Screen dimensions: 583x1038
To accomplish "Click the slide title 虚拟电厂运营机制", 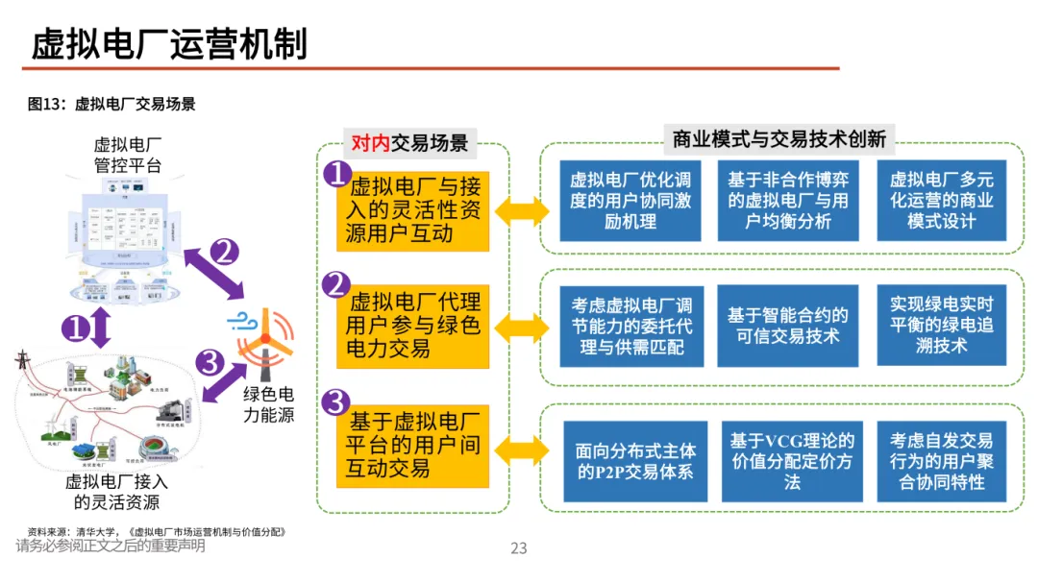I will [x=169, y=44].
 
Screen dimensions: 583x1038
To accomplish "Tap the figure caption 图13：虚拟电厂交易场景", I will [x=111, y=105].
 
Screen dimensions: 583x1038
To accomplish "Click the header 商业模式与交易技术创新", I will [x=778, y=138].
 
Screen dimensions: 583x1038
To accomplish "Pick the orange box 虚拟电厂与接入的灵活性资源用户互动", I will [x=414, y=210].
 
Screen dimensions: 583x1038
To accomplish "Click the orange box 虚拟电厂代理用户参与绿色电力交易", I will [x=414, y=326].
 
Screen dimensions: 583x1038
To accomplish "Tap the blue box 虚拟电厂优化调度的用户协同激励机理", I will [x=630, y=201].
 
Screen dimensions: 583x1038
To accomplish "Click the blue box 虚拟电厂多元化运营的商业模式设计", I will [x=941, y=201].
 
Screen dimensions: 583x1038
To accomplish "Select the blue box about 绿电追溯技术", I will [x=941, y=325].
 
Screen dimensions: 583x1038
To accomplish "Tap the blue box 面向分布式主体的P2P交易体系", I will [x=635, y=461].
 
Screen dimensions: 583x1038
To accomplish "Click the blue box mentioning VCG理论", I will [x=792, y=461].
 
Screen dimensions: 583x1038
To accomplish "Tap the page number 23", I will [x=519, y=548].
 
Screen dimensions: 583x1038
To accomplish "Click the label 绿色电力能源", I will [x=269, y=404].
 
